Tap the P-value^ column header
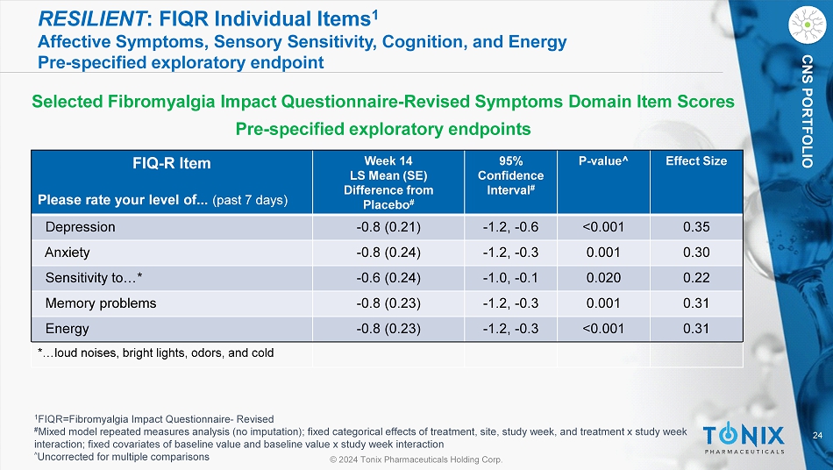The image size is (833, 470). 603,160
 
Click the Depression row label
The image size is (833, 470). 81,227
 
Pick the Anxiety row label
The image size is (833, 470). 68,253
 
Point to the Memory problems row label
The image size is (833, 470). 101,303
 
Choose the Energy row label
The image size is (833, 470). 67,329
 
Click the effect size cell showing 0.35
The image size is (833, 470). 696,227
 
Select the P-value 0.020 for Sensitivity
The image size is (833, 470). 603,278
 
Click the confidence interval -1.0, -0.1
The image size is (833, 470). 510,278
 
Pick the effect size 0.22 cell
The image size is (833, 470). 696,278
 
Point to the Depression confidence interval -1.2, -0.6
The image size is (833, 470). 510,227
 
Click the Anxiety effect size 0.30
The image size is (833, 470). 696,253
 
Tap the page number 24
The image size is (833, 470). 818,436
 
